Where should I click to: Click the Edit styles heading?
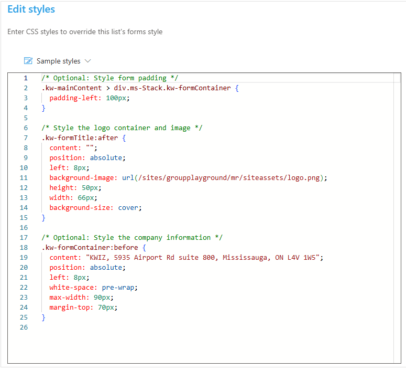[31, 9]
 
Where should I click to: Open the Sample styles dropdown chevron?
[88, 61]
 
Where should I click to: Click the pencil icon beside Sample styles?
[28, 61]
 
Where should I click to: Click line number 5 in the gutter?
[26, 118]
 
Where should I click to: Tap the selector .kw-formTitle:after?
[80, 138]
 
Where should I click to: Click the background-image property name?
[82, 178]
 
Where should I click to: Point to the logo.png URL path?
[229, 178]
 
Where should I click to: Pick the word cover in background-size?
[128, 208]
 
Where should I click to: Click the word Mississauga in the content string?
[245, 258]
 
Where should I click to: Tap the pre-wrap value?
[118, 288]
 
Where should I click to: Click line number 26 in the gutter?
[24, 327]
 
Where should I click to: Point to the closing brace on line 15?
[43, 218]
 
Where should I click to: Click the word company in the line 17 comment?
[148, 238]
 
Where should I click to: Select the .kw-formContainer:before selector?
[90, 248]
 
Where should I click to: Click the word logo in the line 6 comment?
[102, 128]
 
